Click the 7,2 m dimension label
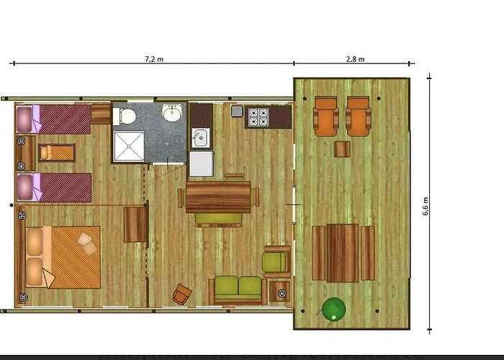pos(154,59)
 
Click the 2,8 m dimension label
pos(355,59)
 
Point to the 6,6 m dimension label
pos(426,206)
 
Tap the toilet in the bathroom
pos(125,117)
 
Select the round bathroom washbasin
pos(172,112)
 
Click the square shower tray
pos(129,146)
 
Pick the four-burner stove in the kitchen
pos(258,117)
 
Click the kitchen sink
pos(201,138)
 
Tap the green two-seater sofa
pos(238,290)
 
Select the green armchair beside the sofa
pos(276,262)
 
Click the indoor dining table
pos(218,197)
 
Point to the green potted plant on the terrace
pos(333,309)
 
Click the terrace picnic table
pos(343,253)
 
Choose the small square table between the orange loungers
pos(342,149)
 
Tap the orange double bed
pos(63,257)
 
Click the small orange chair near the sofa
pos(181,294)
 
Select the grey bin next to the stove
pos(237,111)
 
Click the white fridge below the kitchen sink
pos(201,163)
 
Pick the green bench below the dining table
pos(219,220)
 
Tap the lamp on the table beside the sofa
pos(282,293)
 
